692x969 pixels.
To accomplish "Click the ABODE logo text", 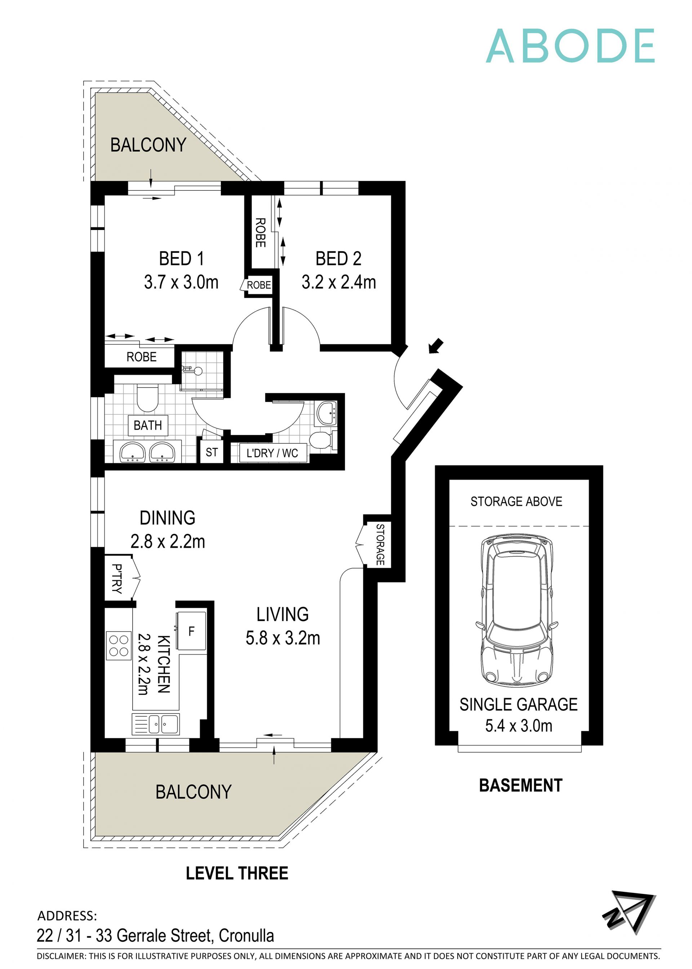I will pos(570,46).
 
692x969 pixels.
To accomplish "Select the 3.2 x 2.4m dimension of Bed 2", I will pos(338,282).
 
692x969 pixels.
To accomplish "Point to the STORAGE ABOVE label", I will pos(516,501).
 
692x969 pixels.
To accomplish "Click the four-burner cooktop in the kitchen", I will pos(119,645).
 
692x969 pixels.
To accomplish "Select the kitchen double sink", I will pos(156,724).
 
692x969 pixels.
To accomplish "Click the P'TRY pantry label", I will pos(117,578).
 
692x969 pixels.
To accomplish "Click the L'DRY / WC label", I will pos(272,453).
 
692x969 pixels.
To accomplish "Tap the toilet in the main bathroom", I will pos(147,398).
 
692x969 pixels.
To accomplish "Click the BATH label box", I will pos(148,425).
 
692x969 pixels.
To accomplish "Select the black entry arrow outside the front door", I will pos(436,346).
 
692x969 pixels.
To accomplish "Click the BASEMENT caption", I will pos(520,785).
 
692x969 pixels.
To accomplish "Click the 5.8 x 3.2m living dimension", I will pos(283,638).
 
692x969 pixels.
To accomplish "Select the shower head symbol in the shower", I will pos(197,371).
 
